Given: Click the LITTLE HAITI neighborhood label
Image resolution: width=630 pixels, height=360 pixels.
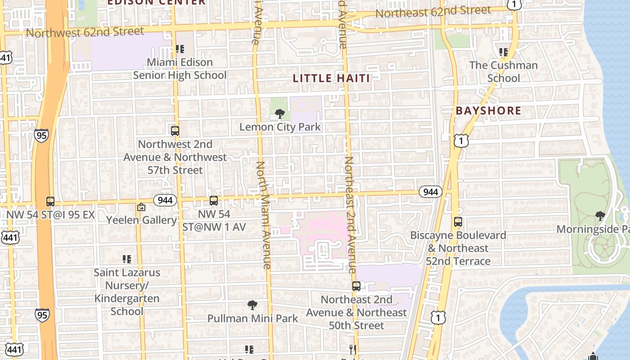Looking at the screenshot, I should coord(331,78).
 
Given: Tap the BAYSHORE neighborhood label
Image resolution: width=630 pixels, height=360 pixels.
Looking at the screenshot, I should coord(488,111).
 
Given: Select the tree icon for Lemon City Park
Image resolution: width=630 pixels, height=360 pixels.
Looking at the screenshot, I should coord(280,114).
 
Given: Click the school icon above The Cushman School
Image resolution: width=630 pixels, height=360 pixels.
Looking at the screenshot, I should coord(504,52).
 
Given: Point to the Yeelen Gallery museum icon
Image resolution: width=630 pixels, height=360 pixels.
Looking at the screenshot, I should coord(141,207).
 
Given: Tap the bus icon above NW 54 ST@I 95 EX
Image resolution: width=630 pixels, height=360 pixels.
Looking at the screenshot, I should coord(50,202).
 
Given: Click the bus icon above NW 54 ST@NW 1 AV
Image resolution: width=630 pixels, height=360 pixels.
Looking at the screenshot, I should coord(214,201).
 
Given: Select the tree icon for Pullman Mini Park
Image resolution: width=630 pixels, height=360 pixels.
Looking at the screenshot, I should coord(252,305).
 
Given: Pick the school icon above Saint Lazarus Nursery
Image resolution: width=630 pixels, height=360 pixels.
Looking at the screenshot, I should coord(127,259).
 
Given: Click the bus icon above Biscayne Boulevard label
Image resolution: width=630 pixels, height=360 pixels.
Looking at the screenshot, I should coord(458,222).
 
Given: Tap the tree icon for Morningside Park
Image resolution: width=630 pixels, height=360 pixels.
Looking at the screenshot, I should coord(600,216).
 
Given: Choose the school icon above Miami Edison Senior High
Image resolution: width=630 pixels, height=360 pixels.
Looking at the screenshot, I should coord(180,49).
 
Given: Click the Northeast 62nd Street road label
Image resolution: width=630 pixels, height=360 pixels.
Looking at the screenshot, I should coord(433,12).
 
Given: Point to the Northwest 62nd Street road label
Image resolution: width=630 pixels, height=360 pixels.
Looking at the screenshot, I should coord(85,32).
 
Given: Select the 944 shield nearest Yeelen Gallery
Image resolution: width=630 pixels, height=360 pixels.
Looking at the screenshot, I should coord(165,200).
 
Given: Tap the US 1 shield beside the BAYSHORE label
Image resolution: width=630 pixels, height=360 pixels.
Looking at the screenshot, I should coord(461,141).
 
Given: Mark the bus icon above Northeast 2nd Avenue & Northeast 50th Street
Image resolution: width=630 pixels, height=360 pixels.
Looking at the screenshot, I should coord(356,286).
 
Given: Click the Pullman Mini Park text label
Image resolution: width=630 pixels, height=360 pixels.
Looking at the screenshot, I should coord(252,319).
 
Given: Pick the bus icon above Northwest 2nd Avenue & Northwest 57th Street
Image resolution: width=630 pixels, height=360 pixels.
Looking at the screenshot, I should coord(175,131).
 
